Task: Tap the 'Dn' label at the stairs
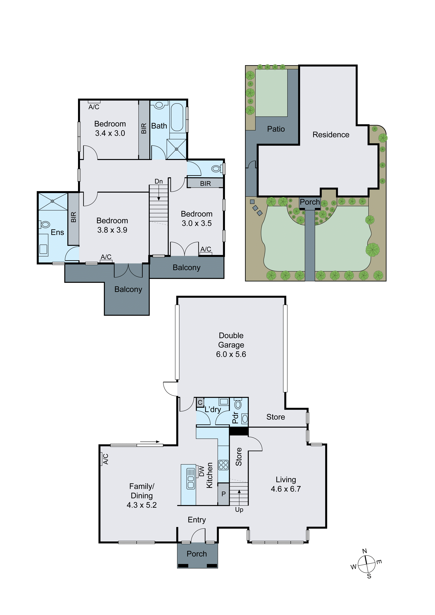159,181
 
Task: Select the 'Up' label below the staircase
239,509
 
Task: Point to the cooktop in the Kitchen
223,465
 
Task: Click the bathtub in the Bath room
177,117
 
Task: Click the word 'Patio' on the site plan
276,129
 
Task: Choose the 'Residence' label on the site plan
331,135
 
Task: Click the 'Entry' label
197,520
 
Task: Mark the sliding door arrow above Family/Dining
150,442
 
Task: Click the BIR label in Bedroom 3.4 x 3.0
144,129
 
